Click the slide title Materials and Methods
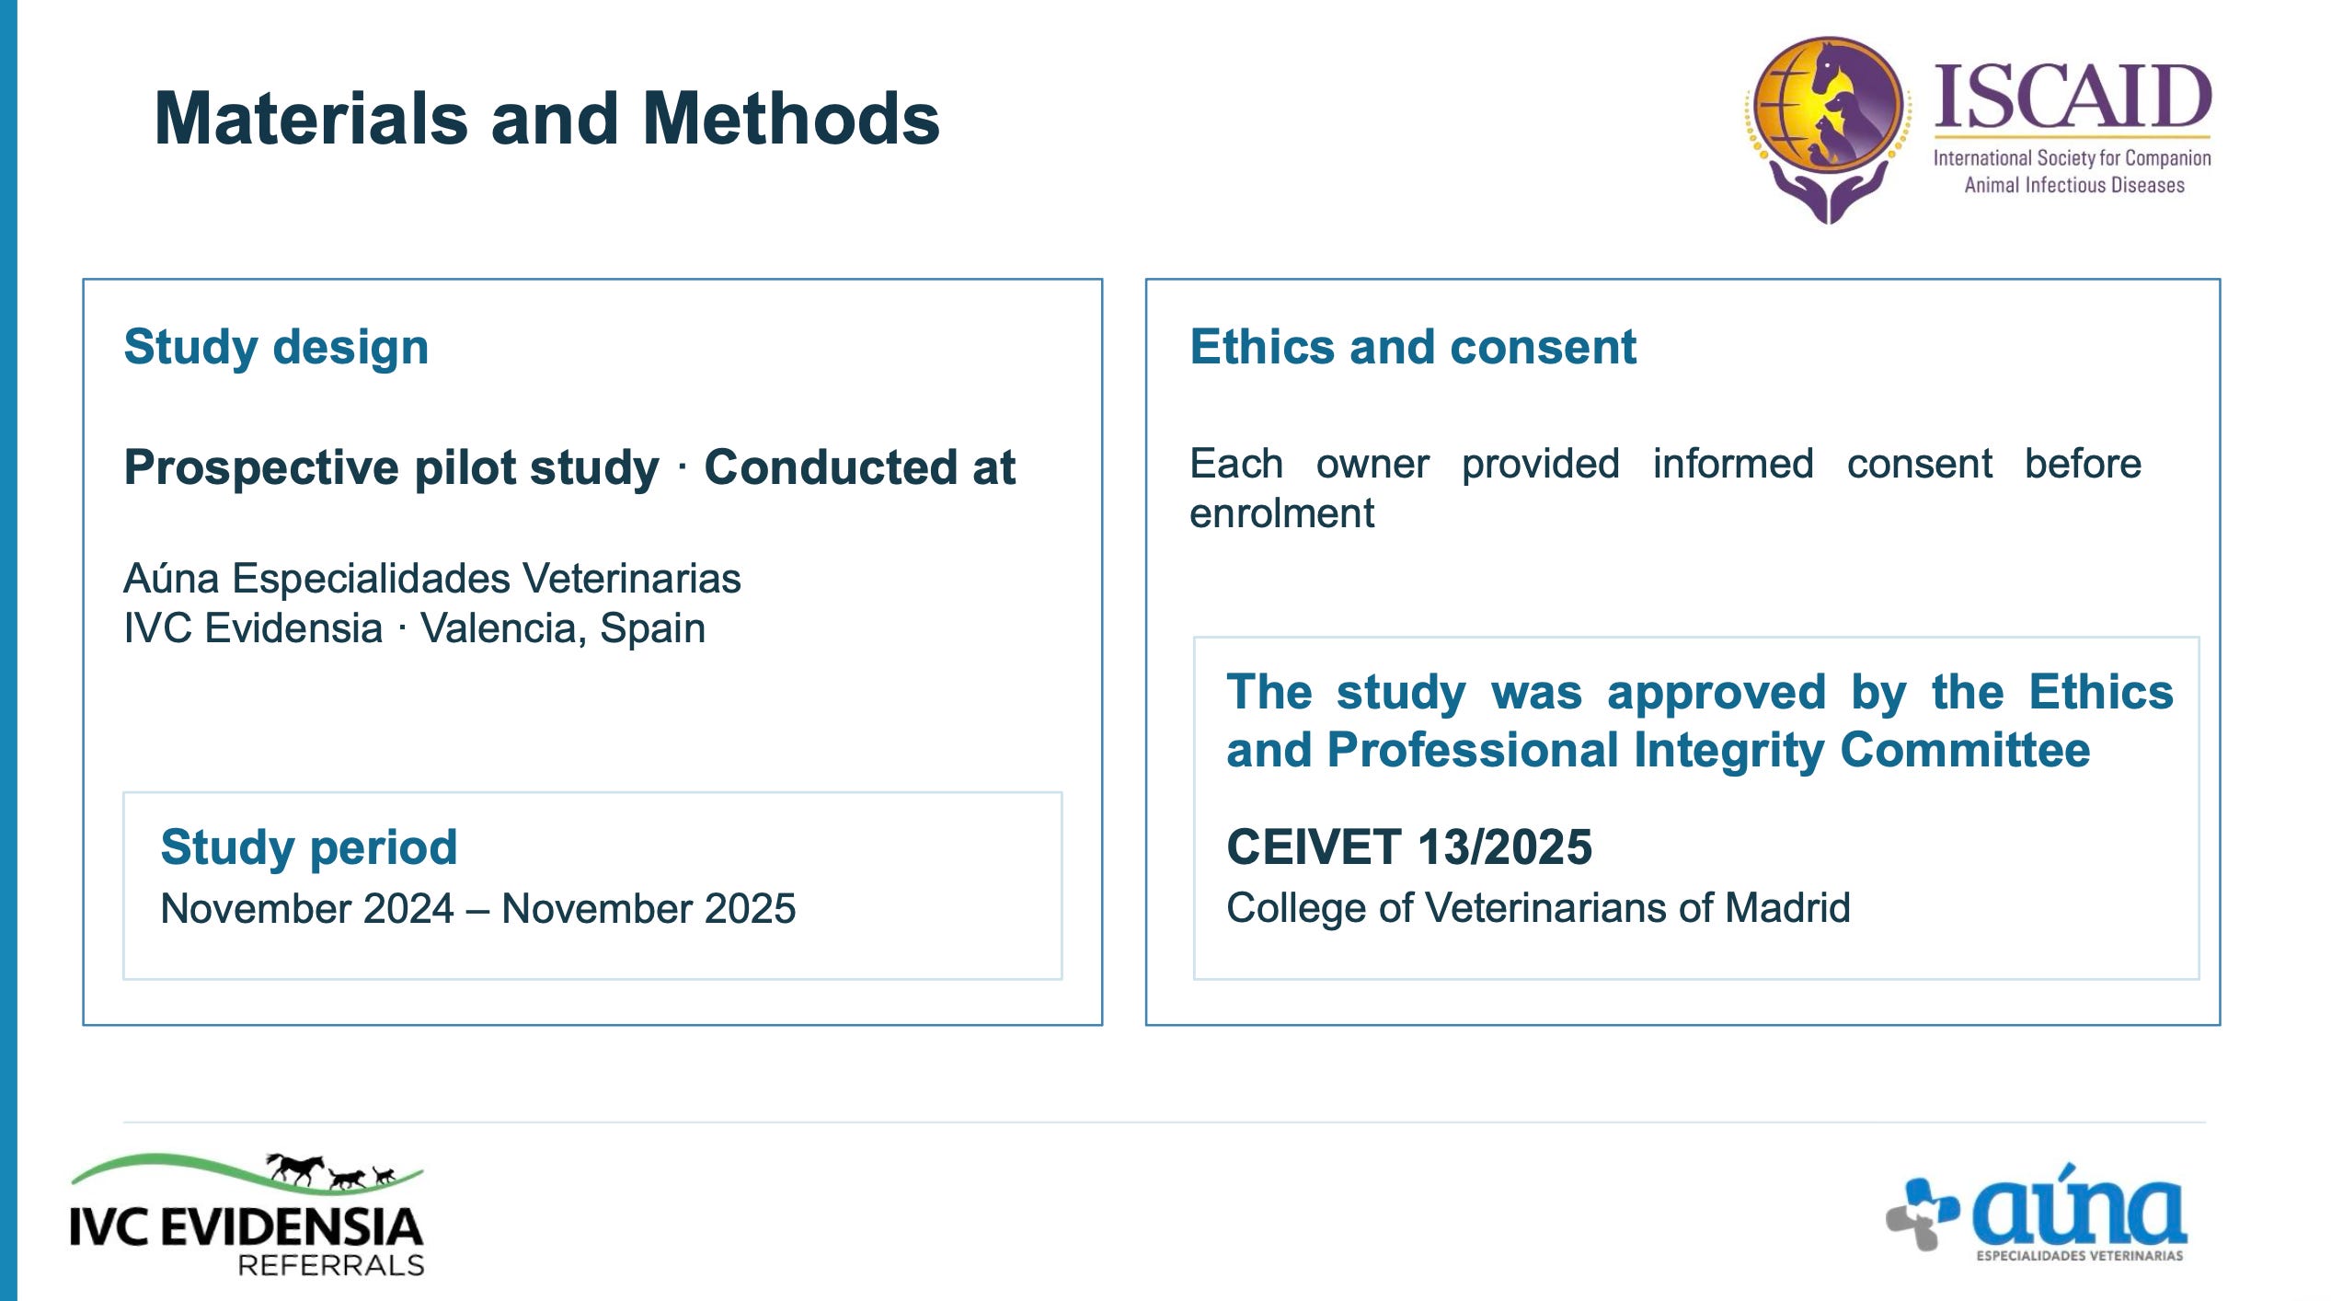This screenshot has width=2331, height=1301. pos(547,119)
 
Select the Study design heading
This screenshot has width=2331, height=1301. pos(276,348)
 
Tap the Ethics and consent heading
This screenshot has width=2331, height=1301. pos(1413,347)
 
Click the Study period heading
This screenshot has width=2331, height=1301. pos(308,847)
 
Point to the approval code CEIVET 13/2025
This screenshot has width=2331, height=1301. pos(1408,846)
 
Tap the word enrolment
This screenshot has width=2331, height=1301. pos(1281,513)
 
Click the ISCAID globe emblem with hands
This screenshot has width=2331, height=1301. pos(1828,129)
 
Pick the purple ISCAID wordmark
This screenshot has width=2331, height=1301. pos(2073,97)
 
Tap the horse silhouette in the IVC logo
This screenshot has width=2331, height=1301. pos(296,1168)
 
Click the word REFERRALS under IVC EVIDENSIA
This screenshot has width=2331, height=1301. pos(331,1265)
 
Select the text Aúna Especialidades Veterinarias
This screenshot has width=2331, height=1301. pos(432,579)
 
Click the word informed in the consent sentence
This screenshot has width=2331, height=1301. pos(1733,464)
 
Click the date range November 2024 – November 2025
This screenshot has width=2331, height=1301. pos(478,909)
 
